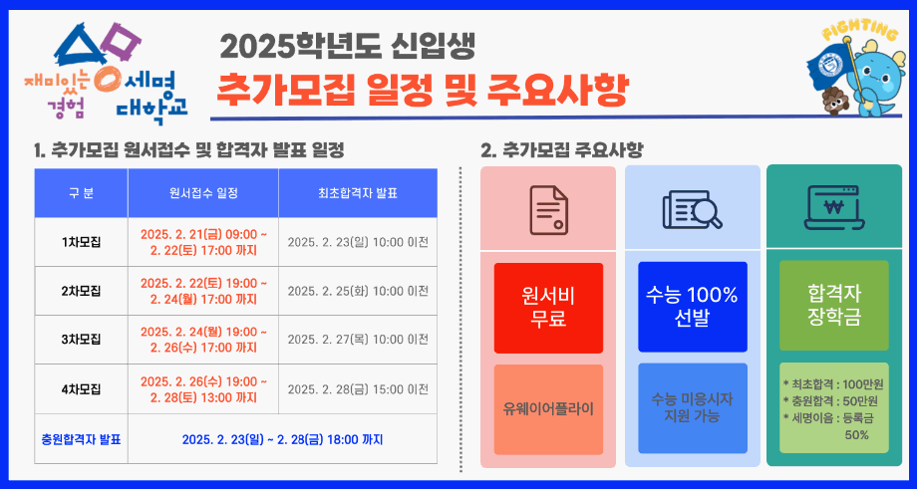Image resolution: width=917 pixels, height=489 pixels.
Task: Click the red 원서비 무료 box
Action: [x=548, y=307]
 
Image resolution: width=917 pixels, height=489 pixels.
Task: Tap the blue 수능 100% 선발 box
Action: [x=692, y=307]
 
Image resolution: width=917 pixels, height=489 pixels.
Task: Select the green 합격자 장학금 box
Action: [x=833, y=306]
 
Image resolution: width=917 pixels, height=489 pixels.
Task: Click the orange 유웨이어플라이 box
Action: [x=548, y=408]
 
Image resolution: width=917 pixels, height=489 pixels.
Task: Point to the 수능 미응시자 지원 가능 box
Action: [x=692, y=407]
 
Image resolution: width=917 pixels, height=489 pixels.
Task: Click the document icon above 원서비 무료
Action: [x=548, y=209]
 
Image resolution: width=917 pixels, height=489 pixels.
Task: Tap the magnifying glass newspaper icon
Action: [x=692, y=209]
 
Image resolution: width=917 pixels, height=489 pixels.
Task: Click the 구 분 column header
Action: [x=82, y=193]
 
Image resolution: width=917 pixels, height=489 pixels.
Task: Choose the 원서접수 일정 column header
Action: [x=203, y=193]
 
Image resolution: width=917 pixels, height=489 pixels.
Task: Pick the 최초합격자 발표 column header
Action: [x=357, y=193]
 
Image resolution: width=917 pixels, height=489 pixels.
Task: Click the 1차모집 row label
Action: [x=82, y=242]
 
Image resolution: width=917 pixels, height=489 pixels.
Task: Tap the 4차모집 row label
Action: [x=82, y=388]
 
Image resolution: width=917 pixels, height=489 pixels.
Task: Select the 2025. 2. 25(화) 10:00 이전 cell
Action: [x=357, y=291]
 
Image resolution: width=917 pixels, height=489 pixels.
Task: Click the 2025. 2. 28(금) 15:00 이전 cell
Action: [x=357, y=388]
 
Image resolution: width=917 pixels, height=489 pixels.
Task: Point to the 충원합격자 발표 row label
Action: [x=82, y=438]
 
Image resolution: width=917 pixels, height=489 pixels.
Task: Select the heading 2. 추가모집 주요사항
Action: [x=561, y=150]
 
